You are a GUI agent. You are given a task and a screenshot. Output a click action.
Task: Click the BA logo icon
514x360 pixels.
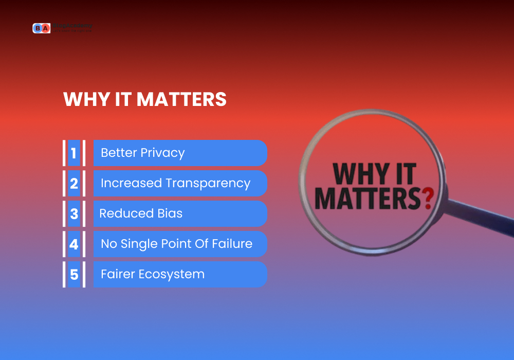tap(41, 28)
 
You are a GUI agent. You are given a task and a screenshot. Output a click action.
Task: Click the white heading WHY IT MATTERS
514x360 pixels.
tap(144, 100)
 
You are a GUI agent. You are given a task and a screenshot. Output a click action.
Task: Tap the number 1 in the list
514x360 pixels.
tap(74, 153)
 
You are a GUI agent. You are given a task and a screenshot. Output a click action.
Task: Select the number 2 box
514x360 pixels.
tap(74, 184)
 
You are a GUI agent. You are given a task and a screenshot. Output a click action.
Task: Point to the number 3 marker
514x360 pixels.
tap(74, 214)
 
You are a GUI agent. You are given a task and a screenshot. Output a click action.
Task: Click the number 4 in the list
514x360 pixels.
tap(74, 244)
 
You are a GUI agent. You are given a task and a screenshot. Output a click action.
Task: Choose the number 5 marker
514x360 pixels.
tap(74, 275)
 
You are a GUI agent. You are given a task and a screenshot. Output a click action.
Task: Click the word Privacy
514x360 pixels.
tap(162, 153)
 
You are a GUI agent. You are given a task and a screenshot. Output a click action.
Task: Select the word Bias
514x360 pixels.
tap(170, 213)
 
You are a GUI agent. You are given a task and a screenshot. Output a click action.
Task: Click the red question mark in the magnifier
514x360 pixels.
tap(426, 198)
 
